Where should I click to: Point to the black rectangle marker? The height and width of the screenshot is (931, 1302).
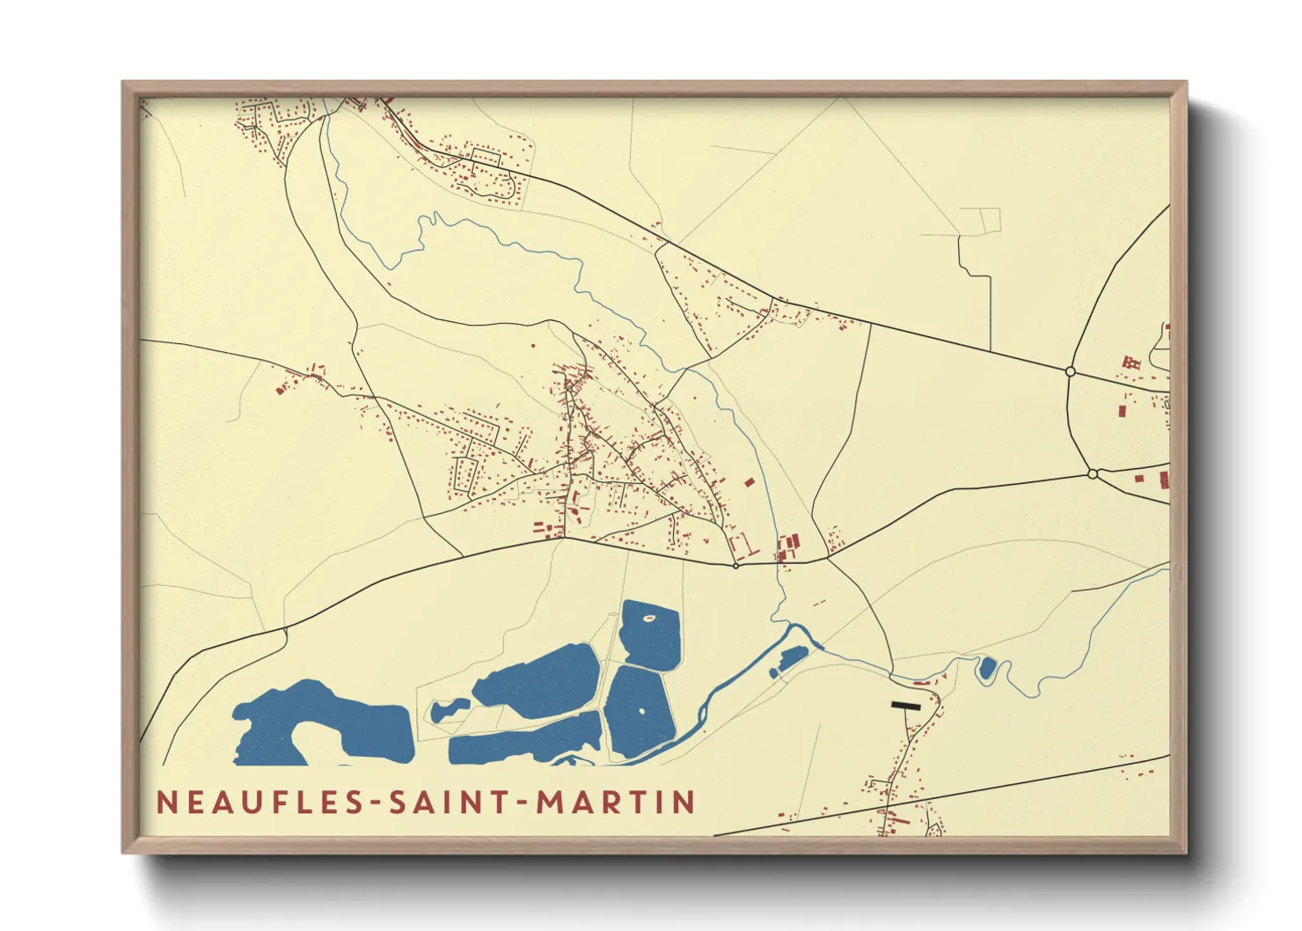point(906,706)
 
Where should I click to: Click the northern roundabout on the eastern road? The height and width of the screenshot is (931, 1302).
point(1071,371)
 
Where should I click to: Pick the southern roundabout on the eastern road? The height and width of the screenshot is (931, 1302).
point(1093,474)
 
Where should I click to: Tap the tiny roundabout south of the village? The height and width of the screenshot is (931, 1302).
point(736,566)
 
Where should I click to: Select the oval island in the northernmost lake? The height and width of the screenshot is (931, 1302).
point(649,618)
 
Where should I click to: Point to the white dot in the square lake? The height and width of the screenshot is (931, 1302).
point(641,711)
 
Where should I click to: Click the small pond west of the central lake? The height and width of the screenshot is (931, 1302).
point(448,709)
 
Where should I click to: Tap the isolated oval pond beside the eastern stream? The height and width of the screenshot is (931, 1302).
point(987,668)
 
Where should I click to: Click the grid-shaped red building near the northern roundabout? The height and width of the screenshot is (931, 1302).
point(1131,362)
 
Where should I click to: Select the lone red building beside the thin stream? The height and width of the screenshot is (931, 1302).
point(749,482)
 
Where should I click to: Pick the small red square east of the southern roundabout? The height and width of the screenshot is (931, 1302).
point(1139,479)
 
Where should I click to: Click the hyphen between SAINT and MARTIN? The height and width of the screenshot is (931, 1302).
point(519,803)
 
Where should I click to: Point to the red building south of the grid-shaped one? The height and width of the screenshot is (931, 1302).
point(1122,410)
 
